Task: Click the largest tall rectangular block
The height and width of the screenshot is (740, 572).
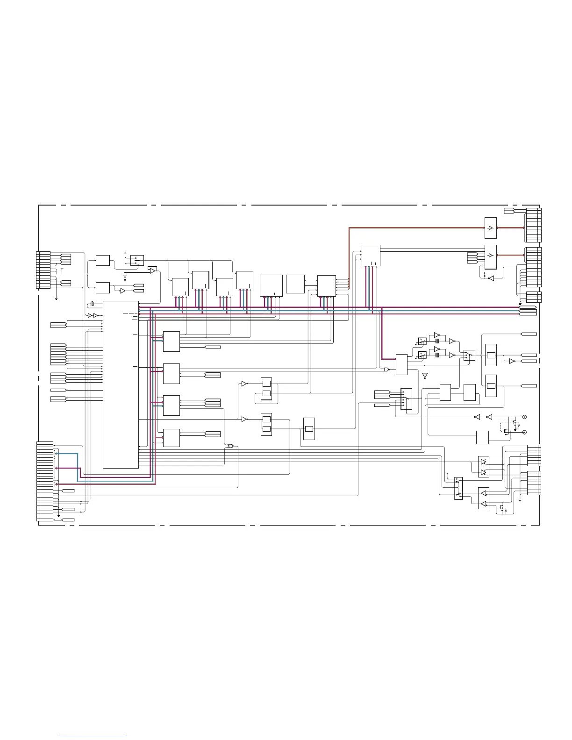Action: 121,384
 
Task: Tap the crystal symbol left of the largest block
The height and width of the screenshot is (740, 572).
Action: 93,304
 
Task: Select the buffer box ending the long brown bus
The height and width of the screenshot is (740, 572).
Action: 490,228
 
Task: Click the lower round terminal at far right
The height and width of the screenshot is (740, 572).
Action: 524,433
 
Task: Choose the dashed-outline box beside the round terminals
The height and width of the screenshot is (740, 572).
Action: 506,427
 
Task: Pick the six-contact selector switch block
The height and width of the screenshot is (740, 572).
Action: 406,398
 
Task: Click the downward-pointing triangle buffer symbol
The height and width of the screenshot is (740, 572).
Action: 424,375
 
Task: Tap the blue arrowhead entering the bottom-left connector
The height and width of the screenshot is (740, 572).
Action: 56,453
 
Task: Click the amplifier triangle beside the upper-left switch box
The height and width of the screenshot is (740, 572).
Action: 152,270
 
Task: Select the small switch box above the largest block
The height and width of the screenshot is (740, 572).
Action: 137,260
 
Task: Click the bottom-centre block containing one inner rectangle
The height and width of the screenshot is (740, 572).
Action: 309,429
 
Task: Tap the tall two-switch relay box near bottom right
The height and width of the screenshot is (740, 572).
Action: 458,488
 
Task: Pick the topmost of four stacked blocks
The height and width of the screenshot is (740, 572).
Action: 171,342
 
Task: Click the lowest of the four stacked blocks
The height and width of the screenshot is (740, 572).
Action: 171,438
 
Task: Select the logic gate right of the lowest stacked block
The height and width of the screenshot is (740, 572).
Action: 230,446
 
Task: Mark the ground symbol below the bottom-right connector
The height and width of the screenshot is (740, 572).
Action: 520,499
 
